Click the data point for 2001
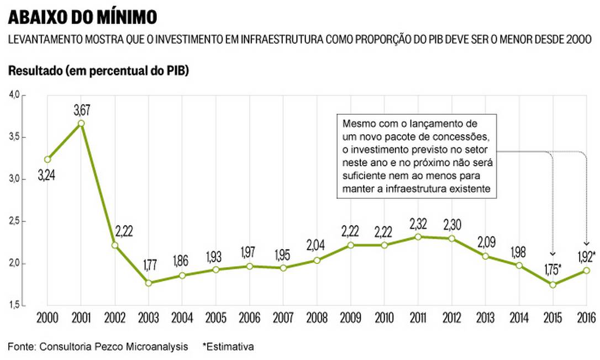(x=81, y=123)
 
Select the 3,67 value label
(x=82, y=110)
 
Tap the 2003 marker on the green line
(x=149, y=283)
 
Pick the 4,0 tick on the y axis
(x=13, y=95)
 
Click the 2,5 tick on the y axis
(x=13, y=221)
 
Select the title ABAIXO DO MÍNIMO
(x=82, y=18)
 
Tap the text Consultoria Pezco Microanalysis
(x=113, y=347)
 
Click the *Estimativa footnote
(x=228, y=347)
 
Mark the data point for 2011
(x=418, y=237)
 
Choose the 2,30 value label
(x=452, y=225)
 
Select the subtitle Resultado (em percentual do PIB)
(x=98, y=72)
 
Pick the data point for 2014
(x=519, y=265)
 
